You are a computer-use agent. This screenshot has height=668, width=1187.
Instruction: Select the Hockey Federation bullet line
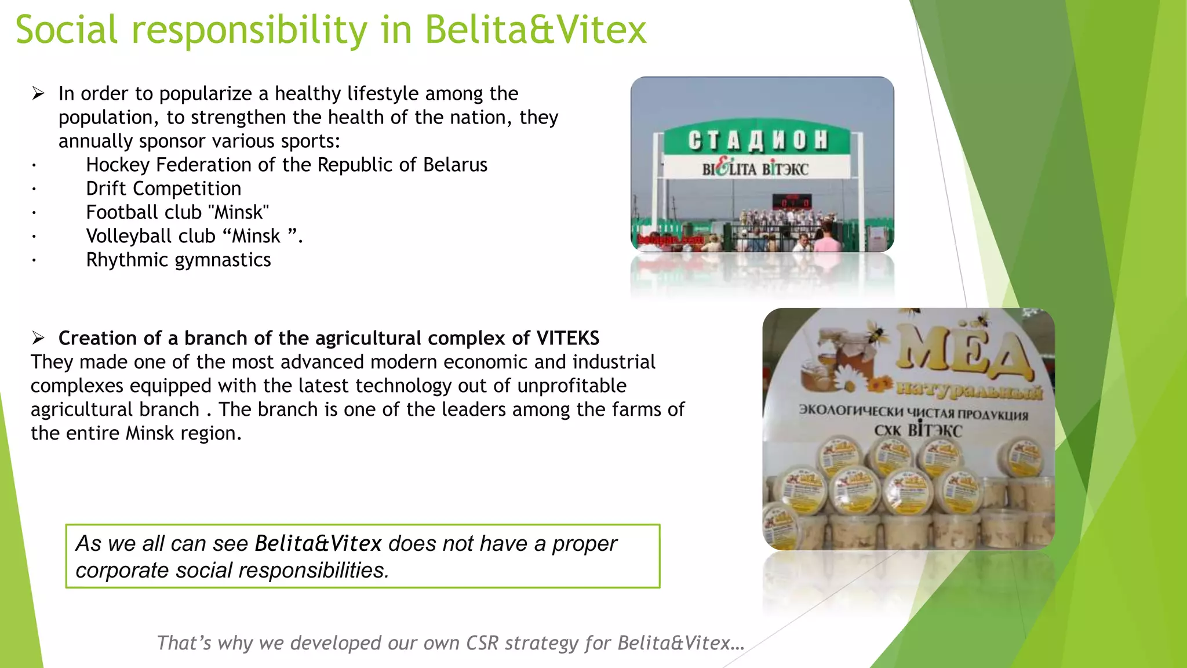(286, 165)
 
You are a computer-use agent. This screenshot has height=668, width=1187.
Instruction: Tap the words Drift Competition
(163, 188)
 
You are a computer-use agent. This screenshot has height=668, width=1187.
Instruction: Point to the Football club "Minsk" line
(177, 212)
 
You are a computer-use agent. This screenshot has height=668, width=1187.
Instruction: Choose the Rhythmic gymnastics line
(179, 260)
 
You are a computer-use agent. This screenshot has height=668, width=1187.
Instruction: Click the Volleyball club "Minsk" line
(194, 236)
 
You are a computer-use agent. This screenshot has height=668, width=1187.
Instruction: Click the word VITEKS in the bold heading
(567, 338)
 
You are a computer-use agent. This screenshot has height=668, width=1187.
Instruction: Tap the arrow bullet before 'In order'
(38, 93)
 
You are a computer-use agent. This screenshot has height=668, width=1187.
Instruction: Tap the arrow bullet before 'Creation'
(38, 338)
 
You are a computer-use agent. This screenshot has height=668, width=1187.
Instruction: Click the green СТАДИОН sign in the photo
(758, 140)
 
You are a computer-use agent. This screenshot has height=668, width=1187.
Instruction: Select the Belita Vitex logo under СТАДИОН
(755, 168)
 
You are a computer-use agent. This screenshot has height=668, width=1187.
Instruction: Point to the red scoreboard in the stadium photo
(791, 202)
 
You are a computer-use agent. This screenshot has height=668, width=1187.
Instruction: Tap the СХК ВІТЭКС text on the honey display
(918, 430)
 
